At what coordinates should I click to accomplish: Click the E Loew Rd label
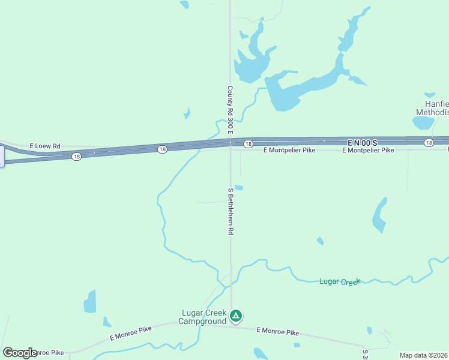(x=46, y=146)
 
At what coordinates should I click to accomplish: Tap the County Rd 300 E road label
(x=230, y=109)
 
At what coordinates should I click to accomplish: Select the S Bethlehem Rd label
(x=230, y=211)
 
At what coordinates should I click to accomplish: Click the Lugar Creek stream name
(x=339, y=281)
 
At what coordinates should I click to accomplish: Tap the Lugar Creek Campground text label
(x=203, y=317)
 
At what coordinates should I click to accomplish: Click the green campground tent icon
(x=237, y=315)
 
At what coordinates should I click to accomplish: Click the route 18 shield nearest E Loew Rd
(x=76, y=156)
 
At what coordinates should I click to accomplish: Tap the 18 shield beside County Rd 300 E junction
(x=247, y=144)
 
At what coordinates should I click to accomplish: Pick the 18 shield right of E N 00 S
(x=428, y=142)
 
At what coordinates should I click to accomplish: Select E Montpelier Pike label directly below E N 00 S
(x=368, y=150)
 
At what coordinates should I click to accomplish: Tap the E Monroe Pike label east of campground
(x=277, y=331)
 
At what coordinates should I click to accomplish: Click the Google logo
(x=20, y=353)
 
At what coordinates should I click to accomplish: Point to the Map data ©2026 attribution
(x=424, y=355)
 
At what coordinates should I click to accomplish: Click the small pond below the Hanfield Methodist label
(x=423, y=123)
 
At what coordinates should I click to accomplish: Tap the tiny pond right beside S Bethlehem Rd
(x=238, y=187)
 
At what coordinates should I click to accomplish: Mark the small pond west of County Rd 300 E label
(x=187, y=113)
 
